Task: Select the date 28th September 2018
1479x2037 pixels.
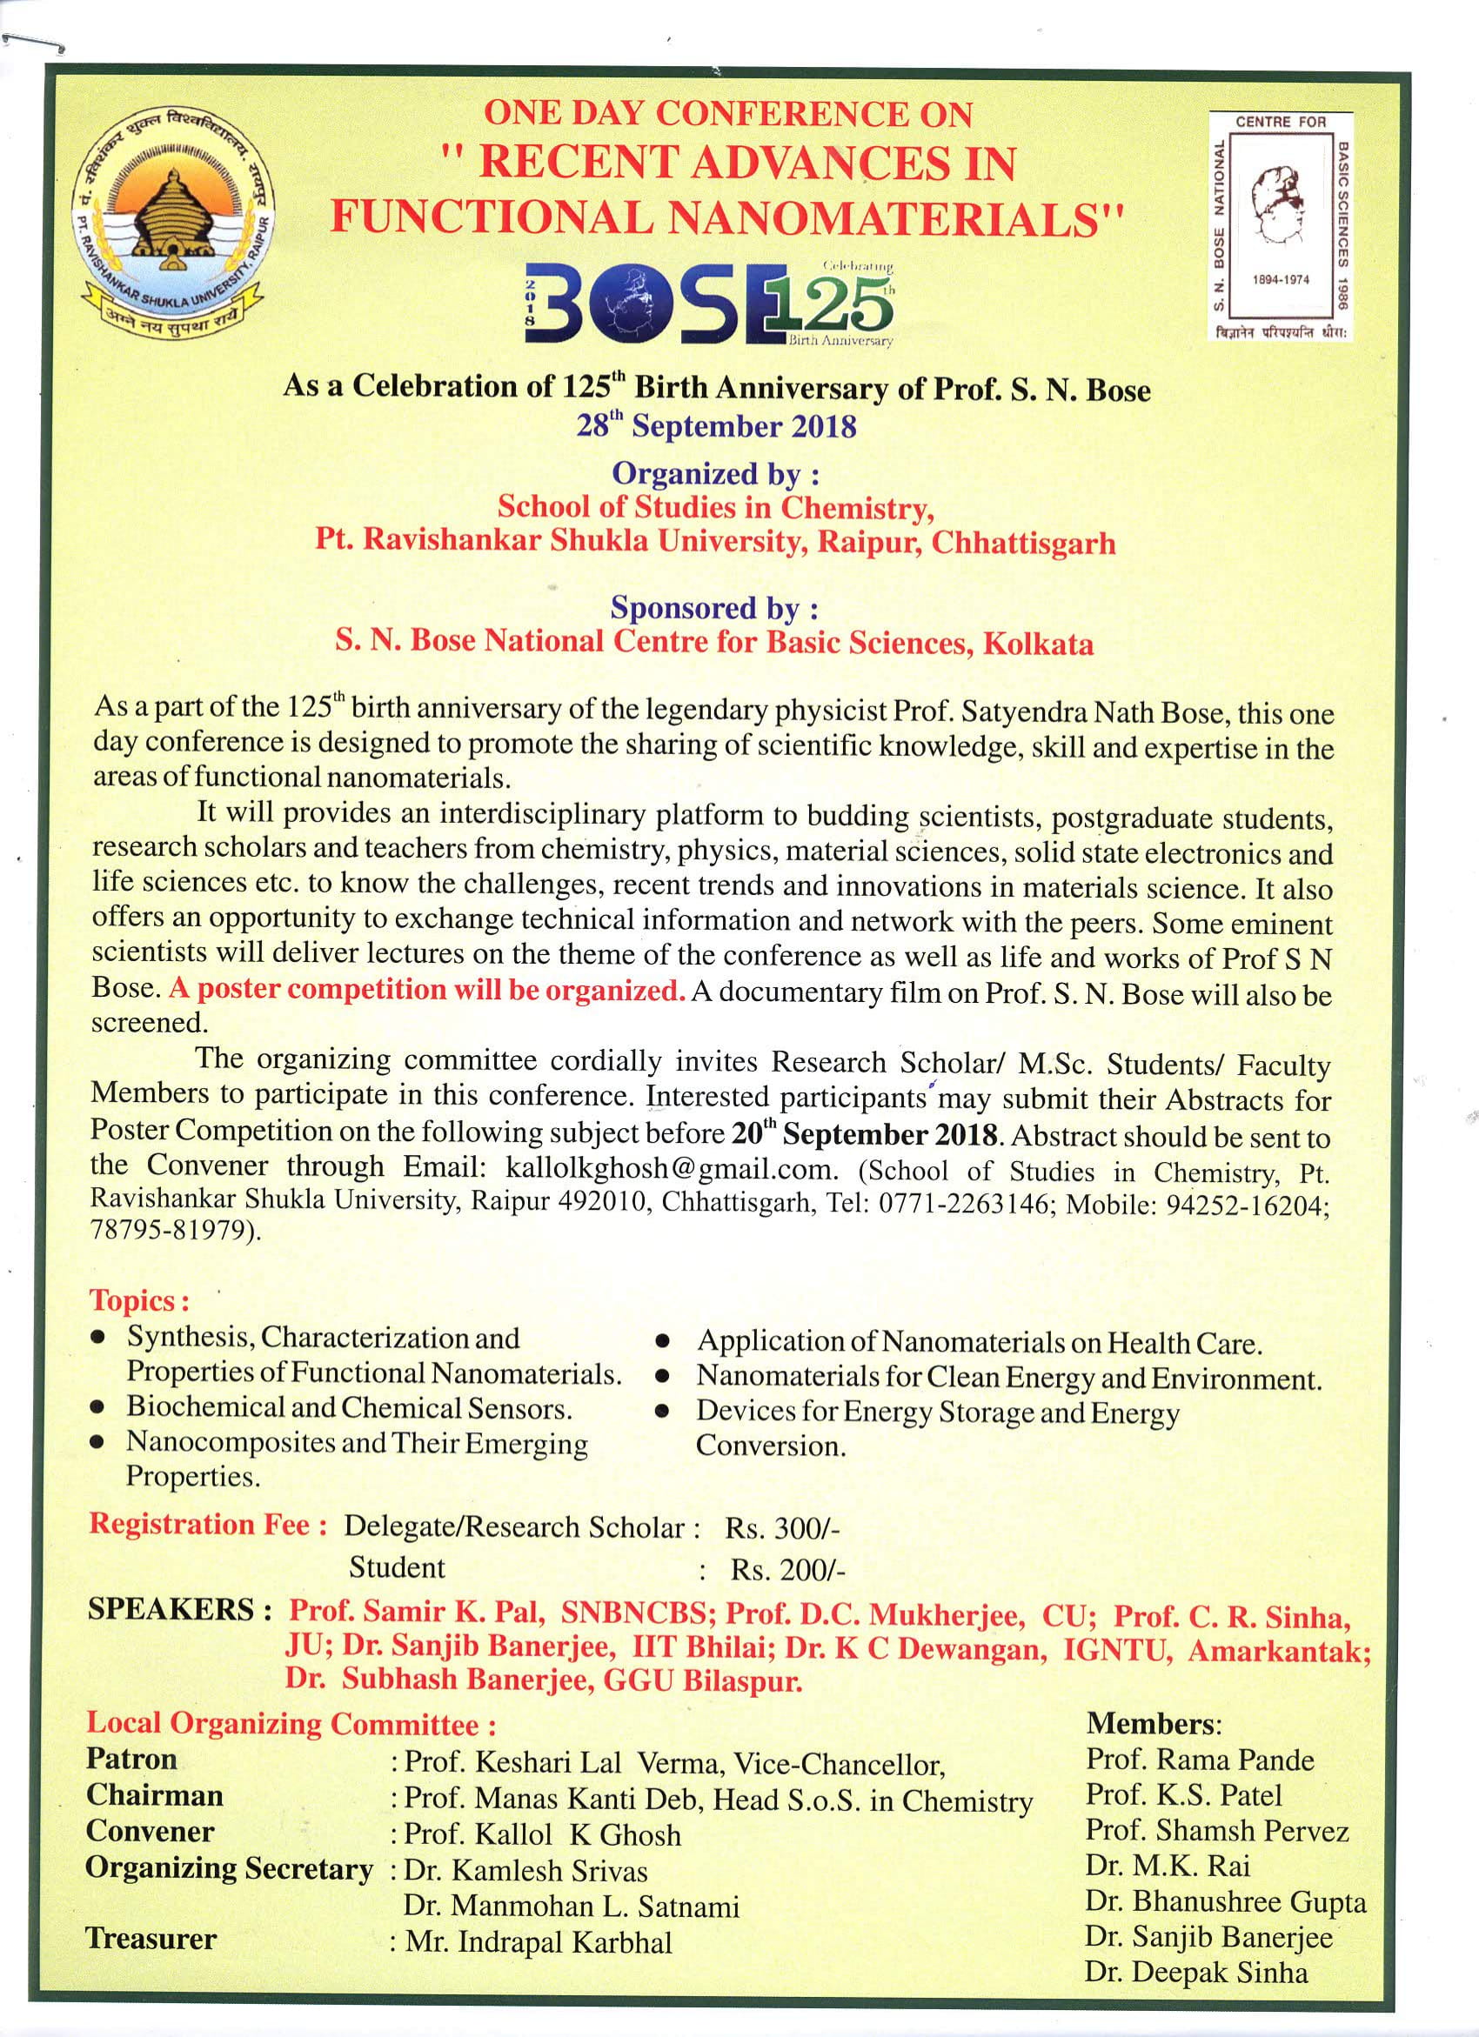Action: coord(716,425)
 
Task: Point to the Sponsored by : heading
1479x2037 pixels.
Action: coord(714,608)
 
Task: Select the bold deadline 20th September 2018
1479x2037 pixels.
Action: coord(865,1134)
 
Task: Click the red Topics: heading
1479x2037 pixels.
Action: coord(138,1301)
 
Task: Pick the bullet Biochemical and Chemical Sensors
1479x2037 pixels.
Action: coord(349,1407)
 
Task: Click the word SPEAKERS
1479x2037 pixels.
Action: coord(171,1609)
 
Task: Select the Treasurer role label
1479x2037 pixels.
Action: coord(151,1937)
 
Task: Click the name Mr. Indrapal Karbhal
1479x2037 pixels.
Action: coord(539,1942)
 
